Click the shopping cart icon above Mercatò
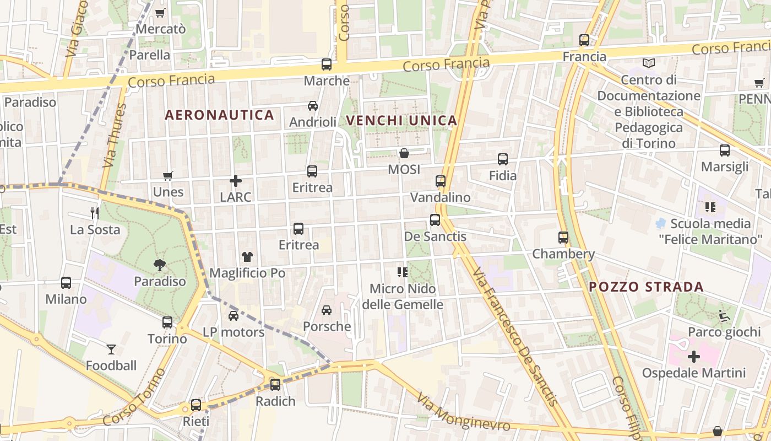click(x=160, y=13)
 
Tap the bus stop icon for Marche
click(x=327, y=64)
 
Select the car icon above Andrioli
click(x=313, y=106)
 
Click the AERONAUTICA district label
click(x=219, y=115)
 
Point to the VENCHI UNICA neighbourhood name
click(x=402, y=121)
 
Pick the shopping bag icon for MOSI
click(x=404, y=153)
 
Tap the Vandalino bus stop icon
click(x=441, y=181)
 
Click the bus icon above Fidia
click(x=503, y=159)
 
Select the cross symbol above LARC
click(x=236, y=181)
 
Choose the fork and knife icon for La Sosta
click(x=95, y=213)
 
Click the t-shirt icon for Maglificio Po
click(x=247, y=256)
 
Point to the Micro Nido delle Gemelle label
click(x=403, y=296)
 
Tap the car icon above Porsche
click(x=327, y=310)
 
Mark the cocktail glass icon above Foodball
click(x=111, y=349)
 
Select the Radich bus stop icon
click(x=275, y=385)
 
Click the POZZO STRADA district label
click(x=646, y=287)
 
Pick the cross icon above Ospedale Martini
click(x=694, y=357)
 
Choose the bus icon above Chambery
click(x=563, y=238)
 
